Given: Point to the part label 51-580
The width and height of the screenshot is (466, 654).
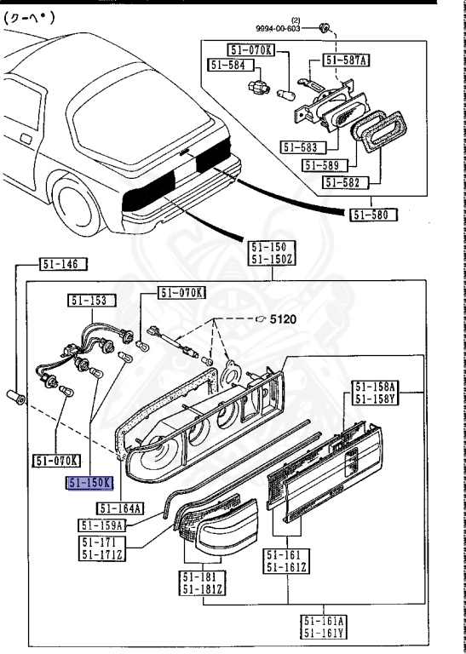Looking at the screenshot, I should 372,215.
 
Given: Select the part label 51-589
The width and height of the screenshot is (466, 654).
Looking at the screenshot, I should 322,165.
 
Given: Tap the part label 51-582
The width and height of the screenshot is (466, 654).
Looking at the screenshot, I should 346,181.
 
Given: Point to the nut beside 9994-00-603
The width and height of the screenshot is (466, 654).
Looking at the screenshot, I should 324,30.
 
